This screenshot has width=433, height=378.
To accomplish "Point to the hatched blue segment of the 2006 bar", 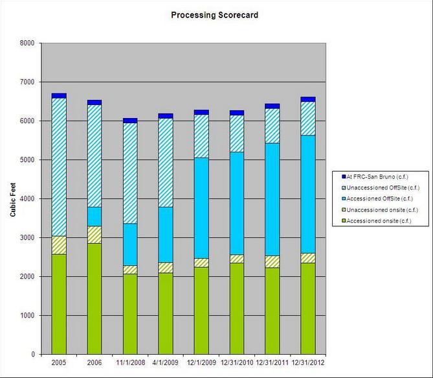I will [94, 156].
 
